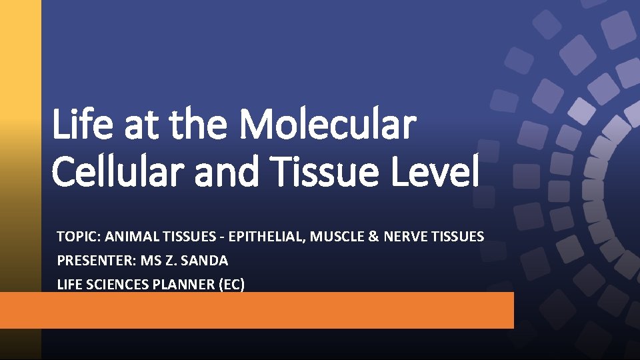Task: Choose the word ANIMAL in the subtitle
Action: click(x=125, y=236)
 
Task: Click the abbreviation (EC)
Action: click(x=230, y=285)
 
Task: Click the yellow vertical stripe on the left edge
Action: click(x=20, y=100)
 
